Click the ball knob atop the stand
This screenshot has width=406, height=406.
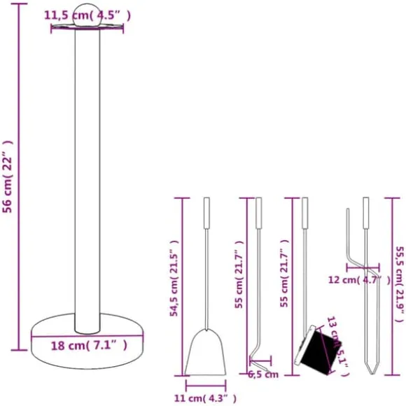pyautogui.click(x=87, y=14)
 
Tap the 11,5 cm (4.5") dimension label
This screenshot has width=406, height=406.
pyautogui.click(x=87, y=15)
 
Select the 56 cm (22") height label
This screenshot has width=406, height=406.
pyautogui.click(x=8, y=176)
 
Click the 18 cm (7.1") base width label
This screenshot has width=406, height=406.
pyautogui.click(x=89, y=345)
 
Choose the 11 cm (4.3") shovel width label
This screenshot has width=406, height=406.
pyautogui.click(x=205, y=398)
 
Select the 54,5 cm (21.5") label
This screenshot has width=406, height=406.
pyautogui.click(x=174, y=278)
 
